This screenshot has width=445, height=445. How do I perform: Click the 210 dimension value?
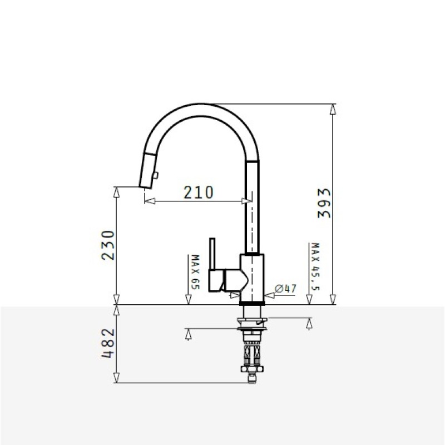(x=199, y=192)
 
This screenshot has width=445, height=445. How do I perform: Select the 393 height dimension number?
(x=324, y=203)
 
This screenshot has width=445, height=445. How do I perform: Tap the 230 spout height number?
(x=108, y=245)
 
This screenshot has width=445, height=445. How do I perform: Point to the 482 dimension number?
(x=108, y=343)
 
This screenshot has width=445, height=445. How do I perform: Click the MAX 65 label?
(x=196, y=272)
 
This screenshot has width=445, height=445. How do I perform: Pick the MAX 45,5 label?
(x=315, y=266)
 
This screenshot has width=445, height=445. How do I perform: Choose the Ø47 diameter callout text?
(x=285, y=289)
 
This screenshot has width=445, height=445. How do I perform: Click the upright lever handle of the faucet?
(x=212, y=254)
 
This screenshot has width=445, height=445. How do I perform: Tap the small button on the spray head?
(x=155, y=175)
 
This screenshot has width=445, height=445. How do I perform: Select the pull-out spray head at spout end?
(x=147, y=171)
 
